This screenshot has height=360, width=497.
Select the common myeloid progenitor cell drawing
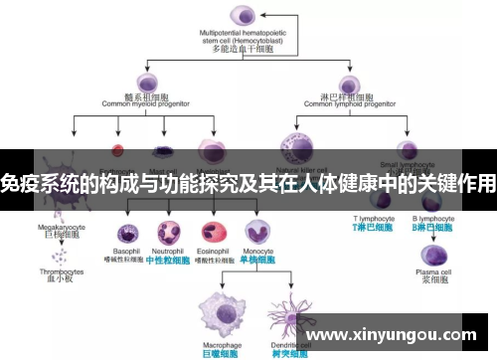point(146,83)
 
